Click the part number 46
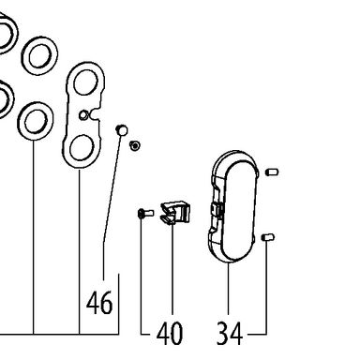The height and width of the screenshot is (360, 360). coord(99,303)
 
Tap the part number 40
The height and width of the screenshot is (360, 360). coord(170,333)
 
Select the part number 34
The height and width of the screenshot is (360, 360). coord(230,333)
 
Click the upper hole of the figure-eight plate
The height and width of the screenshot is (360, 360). coord(86,82)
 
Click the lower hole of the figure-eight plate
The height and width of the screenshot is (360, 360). coord(82,148)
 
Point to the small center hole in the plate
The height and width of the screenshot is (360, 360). coord(82,115)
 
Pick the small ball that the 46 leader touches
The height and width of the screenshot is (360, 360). coord(122,130)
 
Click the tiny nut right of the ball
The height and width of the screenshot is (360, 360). coord(135,145)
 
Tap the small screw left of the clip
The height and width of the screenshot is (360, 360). coord(145,214)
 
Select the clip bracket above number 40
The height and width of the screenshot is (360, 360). coord(175,213)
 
